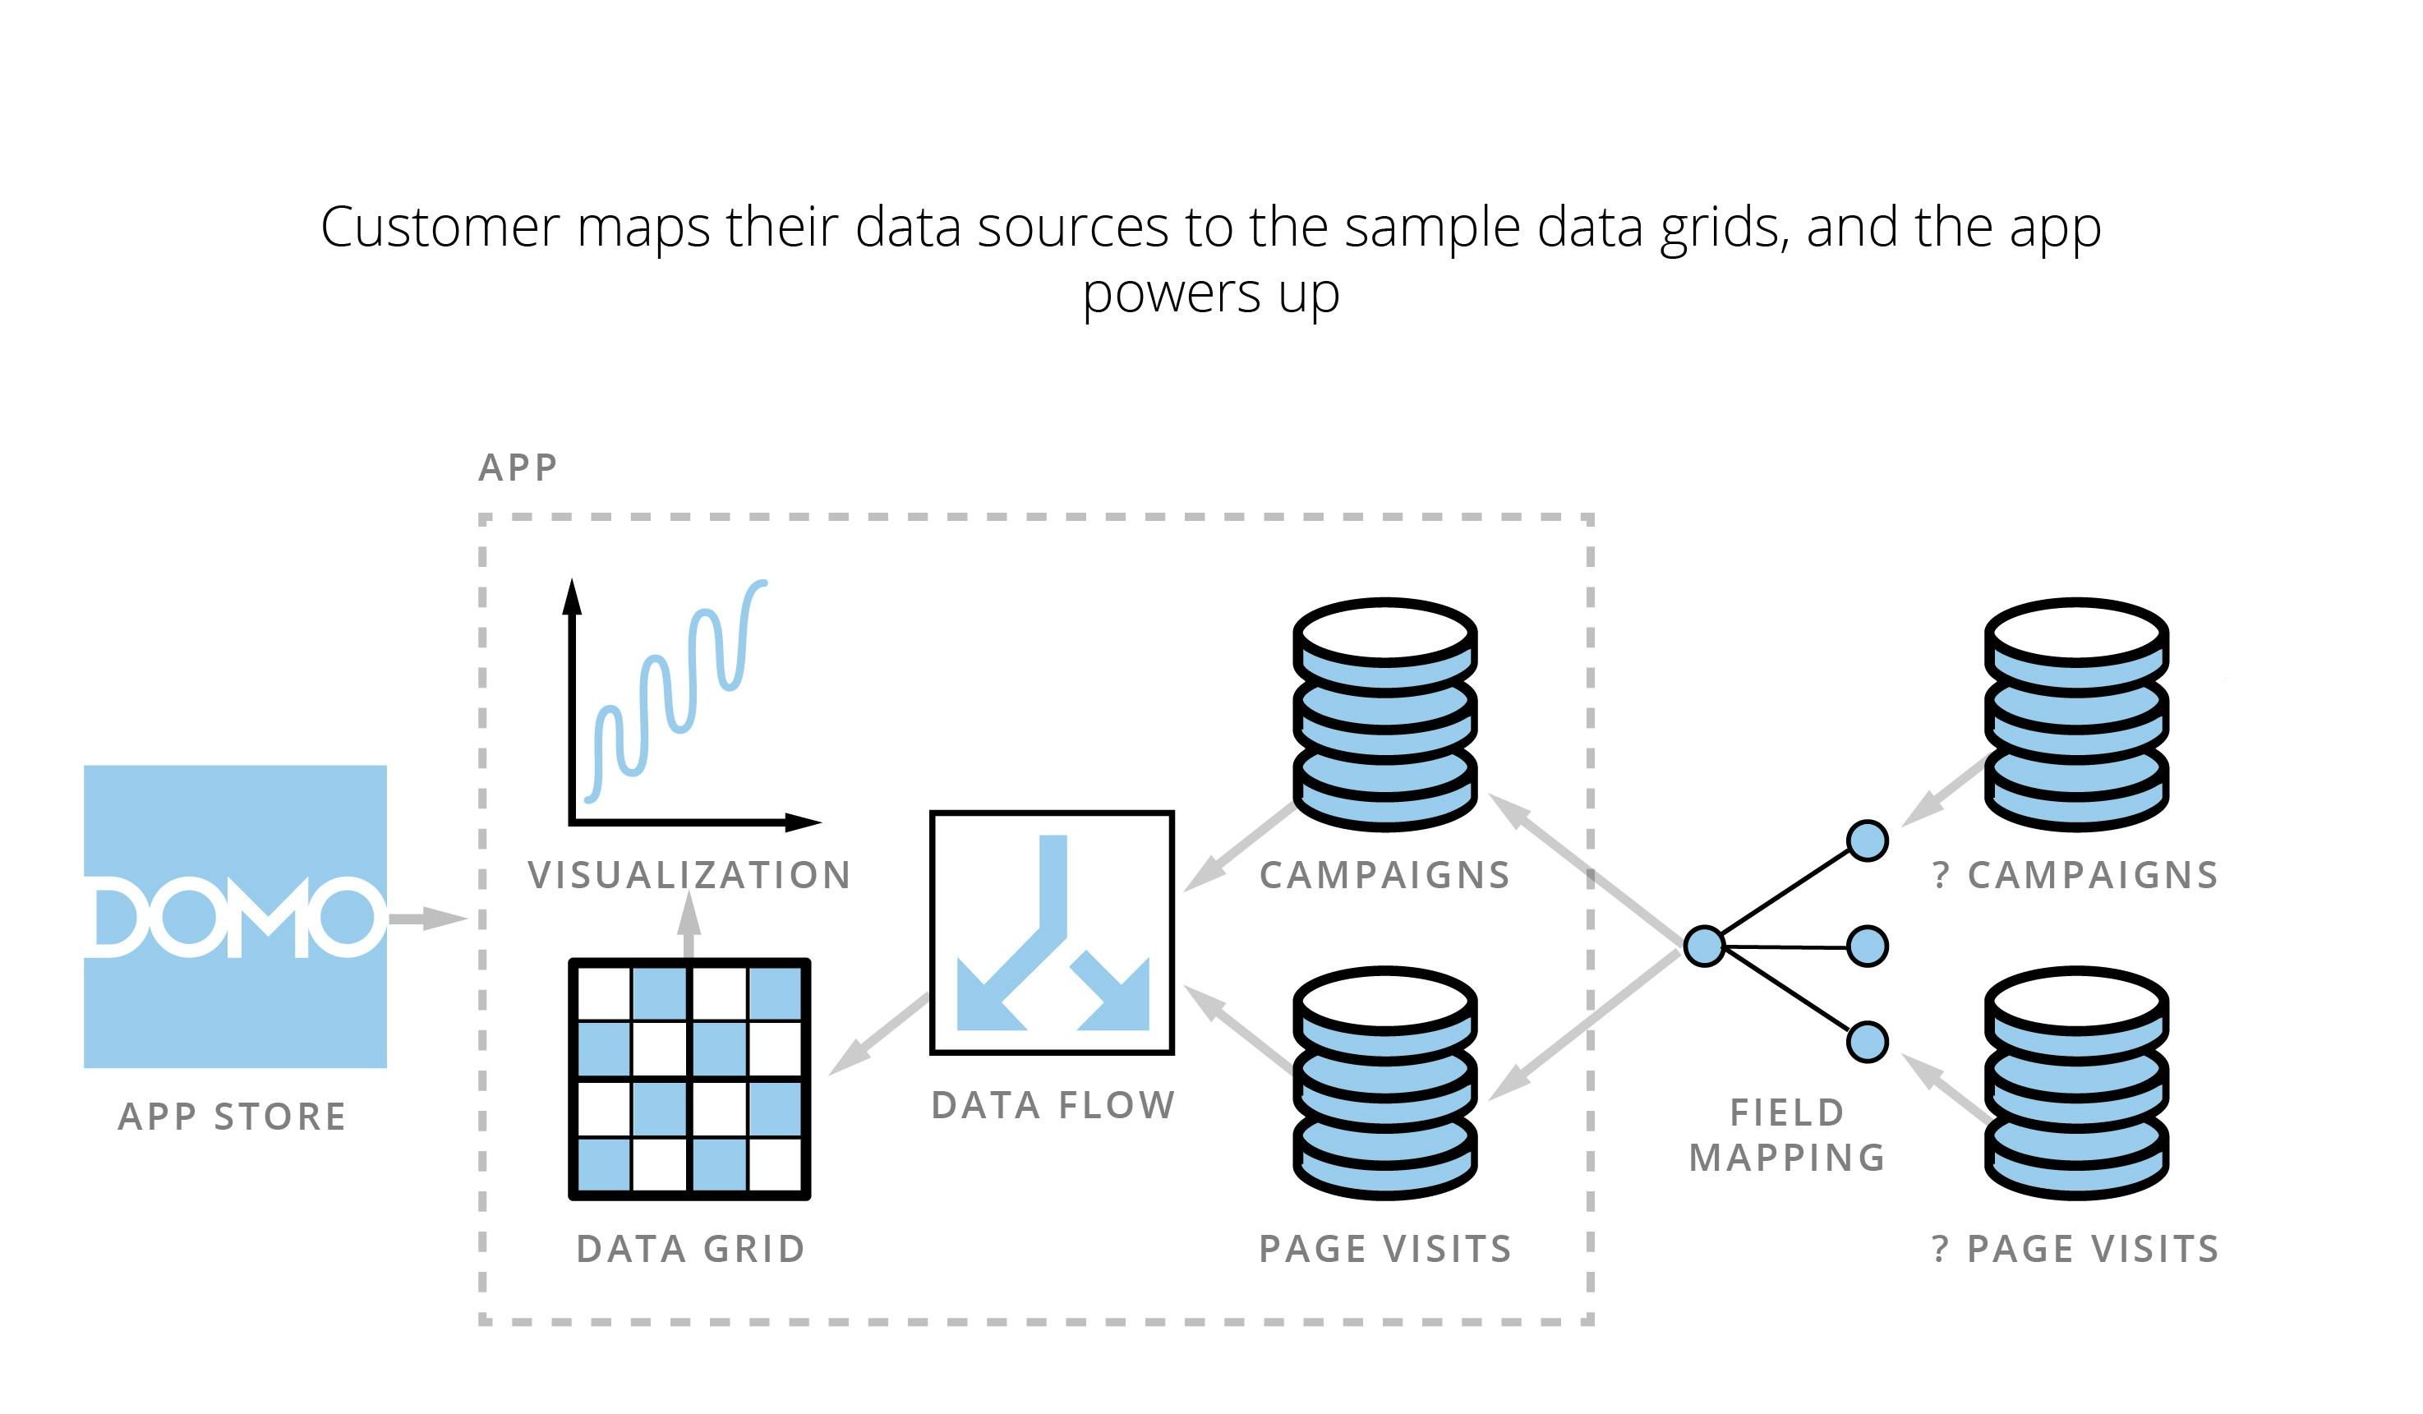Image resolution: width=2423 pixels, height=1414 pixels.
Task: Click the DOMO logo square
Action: (235, 916)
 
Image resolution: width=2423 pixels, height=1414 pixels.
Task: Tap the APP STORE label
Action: (232, 1116)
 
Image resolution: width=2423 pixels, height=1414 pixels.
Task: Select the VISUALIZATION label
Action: (689, 875)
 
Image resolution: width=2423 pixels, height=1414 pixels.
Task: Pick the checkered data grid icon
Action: (689, 1079)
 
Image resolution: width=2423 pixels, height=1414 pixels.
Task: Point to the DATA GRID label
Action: (690, 1249)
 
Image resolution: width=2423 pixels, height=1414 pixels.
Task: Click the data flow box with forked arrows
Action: (1052, 933)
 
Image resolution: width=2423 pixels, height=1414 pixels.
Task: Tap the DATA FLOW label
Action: (1053, 1104)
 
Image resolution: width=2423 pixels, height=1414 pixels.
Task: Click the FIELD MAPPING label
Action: (1786, 1135)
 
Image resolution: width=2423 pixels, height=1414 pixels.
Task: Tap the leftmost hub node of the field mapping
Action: (1704, 946)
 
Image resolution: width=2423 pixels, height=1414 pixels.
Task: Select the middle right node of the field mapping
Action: (1868, 947)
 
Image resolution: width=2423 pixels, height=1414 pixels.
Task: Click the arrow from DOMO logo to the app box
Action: (428, 918)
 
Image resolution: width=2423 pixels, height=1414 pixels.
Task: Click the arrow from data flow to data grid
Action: (877, 1034)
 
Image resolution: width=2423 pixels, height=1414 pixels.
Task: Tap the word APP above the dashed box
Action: (518, 467)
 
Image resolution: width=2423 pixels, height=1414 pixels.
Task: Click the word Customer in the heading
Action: (440, 228)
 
